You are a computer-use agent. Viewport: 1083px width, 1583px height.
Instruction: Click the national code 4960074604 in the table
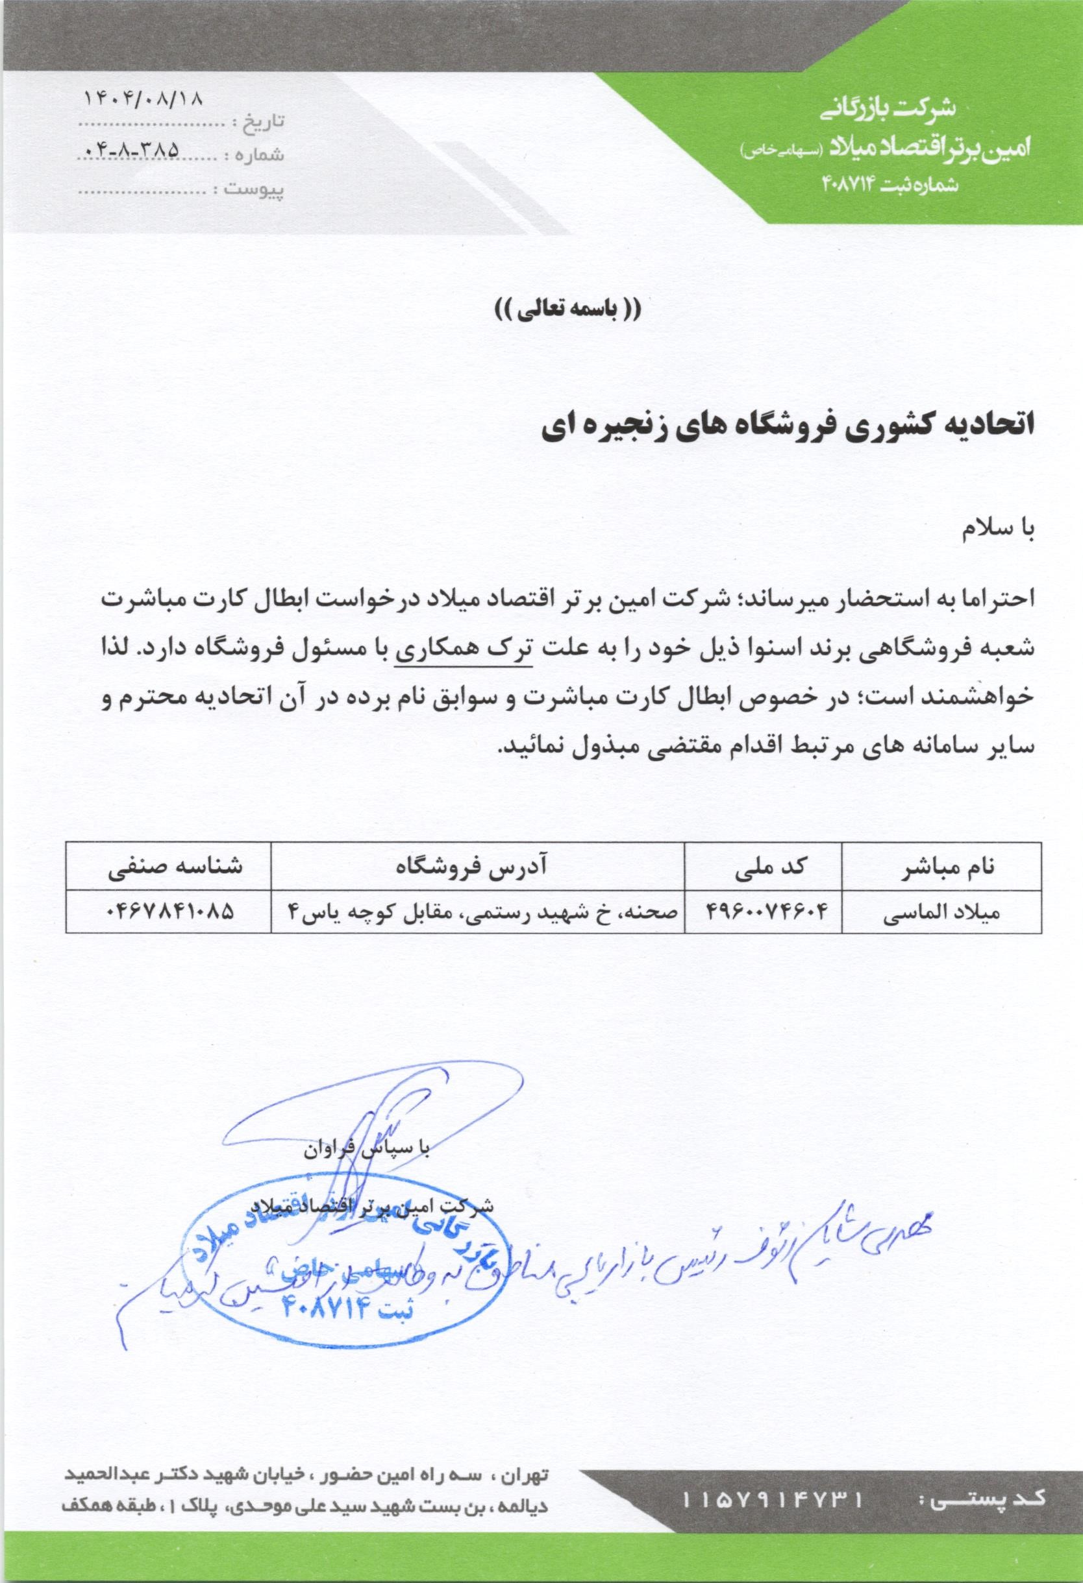coord(764,913)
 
